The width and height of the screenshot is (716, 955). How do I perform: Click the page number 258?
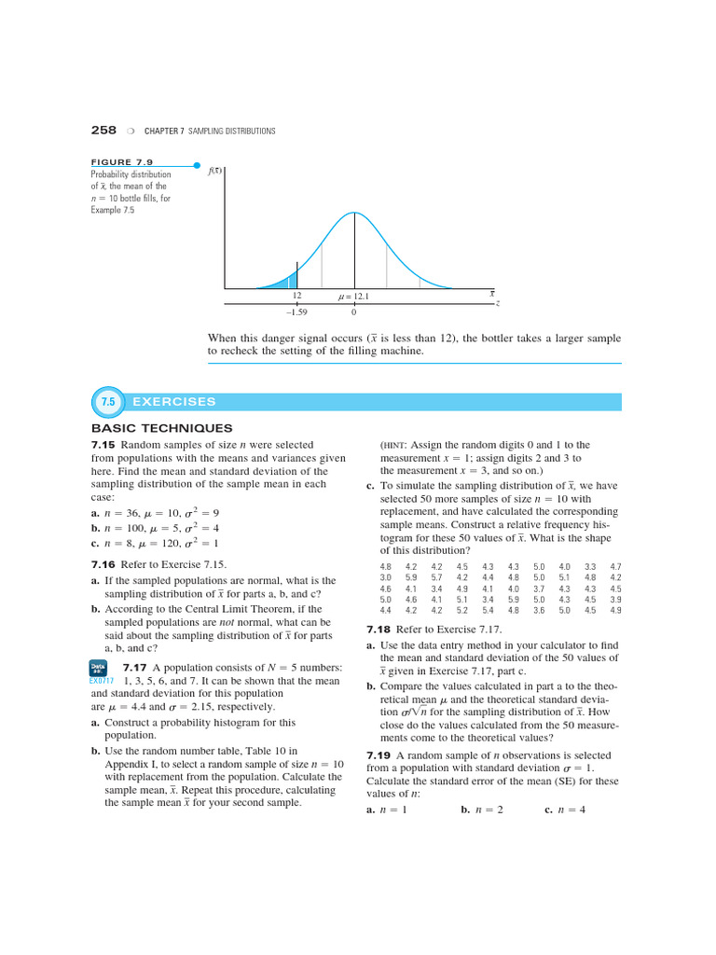103,130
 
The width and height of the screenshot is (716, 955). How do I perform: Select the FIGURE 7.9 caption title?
121,162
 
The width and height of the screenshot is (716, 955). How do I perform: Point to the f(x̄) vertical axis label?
214,171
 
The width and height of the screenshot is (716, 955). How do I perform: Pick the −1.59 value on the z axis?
296,311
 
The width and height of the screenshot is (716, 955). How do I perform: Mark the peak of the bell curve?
354,214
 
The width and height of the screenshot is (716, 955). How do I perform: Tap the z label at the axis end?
498,303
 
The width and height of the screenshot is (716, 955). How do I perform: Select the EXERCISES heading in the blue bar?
174,402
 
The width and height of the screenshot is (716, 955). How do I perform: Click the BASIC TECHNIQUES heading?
148,428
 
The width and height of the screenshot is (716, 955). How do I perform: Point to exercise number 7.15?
103,445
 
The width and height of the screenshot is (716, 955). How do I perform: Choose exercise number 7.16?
103,564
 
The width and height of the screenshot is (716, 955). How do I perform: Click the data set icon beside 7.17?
100,668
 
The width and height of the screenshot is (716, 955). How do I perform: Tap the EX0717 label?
101,681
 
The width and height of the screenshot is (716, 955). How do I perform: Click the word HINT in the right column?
398,446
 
